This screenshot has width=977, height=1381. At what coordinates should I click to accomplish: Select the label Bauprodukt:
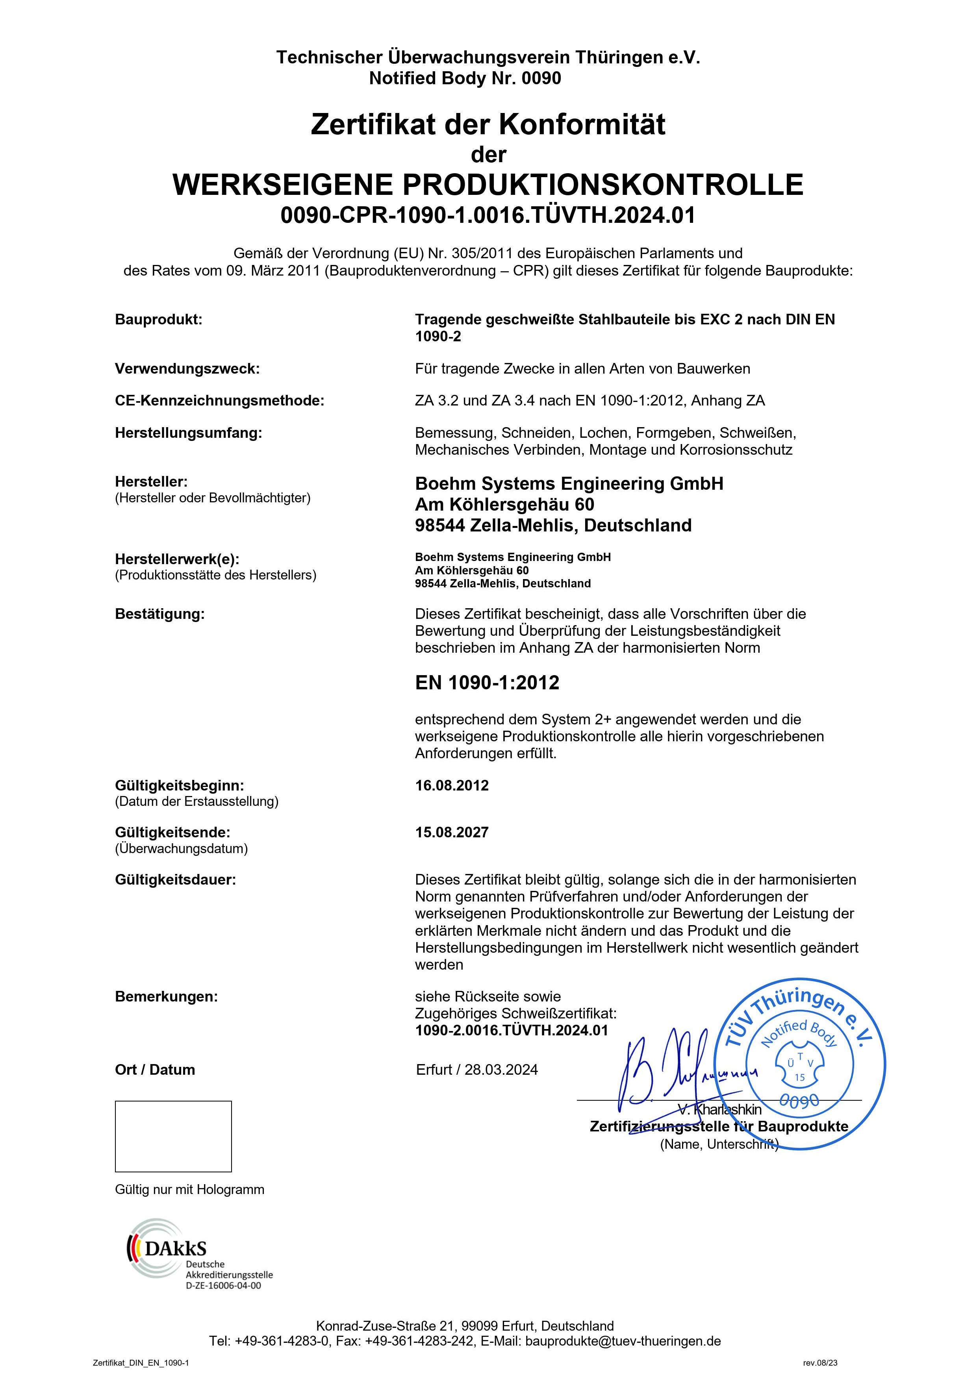click(159, 319)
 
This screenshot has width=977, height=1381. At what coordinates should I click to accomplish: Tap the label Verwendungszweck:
click(187, 369)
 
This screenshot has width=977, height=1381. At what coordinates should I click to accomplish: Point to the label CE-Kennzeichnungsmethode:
click(220, 401)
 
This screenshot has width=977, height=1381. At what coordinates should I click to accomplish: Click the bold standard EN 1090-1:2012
click(487, 683)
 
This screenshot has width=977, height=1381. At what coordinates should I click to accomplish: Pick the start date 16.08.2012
click(452, 785)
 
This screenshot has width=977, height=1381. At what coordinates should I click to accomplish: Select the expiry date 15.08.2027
click(452, 833)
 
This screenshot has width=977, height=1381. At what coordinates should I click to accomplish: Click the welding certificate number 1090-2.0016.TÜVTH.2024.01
click(512, 1030)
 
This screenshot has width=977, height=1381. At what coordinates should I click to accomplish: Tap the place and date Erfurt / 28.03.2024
click(477, 1070)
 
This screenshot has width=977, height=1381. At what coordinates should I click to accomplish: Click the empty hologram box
click(173, 1136)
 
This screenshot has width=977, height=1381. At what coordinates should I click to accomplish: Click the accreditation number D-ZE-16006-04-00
click(223, 1286)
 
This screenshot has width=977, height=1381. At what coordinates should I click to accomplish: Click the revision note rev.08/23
click(820, 1363)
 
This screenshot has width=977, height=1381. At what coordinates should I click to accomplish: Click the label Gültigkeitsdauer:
click(176, 880)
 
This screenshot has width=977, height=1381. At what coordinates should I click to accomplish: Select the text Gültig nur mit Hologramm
click(189, 1189)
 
